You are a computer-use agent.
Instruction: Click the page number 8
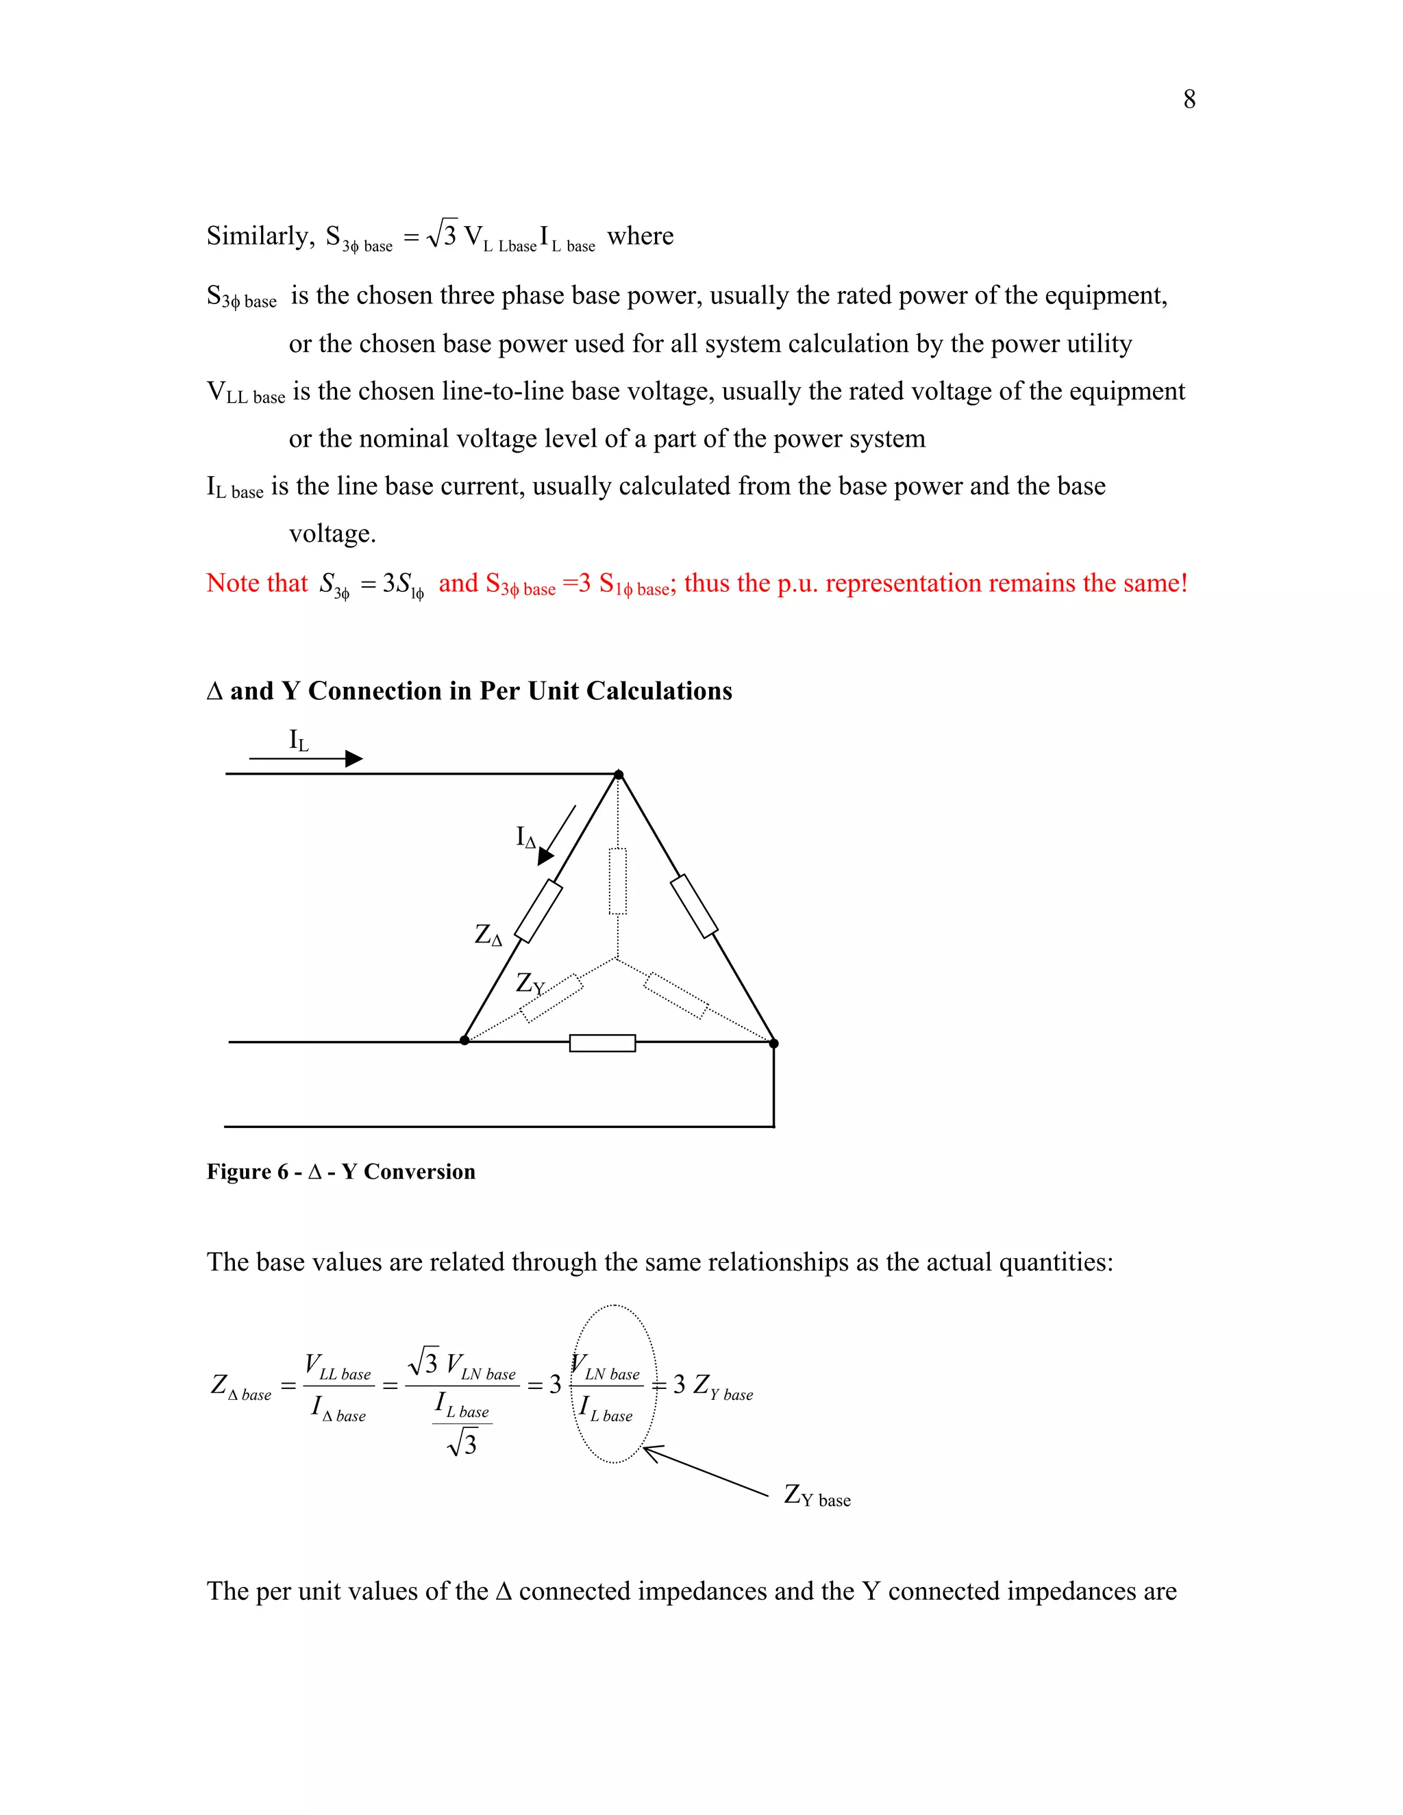click(1189, 100)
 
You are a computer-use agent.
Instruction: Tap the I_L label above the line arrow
click(299, 740)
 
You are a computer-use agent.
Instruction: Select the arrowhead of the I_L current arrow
click(354, 758)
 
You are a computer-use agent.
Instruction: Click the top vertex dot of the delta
click(619, 775)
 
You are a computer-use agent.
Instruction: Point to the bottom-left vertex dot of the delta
click(464, 1040)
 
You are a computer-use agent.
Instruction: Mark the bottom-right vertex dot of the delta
click(774, 1043)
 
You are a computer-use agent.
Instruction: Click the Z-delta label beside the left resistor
click(488, 936)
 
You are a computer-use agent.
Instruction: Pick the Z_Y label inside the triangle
click(530, 984)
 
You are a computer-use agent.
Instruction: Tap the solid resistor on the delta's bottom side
click(603, 1043)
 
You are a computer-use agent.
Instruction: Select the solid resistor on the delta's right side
click(694, 906)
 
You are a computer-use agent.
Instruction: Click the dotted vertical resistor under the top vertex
click(617, 881)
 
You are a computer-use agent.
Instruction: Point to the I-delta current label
click(525, 837)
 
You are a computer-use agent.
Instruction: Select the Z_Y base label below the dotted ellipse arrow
click(817, 1496)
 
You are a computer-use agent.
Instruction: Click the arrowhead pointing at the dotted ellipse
click(651, 1452)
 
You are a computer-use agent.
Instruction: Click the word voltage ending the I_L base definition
click(332, 534)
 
